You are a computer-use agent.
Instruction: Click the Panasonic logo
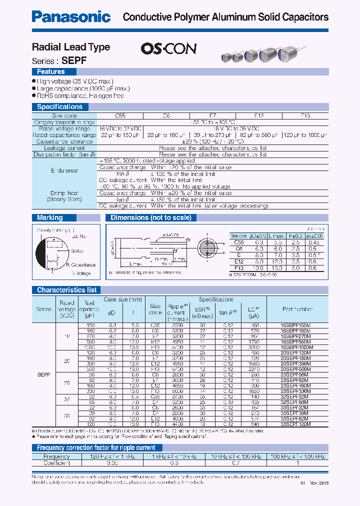coord(71,17)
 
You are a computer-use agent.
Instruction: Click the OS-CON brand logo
coord(168,48)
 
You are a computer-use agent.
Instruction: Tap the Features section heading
coord(51,72)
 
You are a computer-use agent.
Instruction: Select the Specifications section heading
coord(59,106)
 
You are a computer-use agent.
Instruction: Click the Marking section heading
coord(50,217)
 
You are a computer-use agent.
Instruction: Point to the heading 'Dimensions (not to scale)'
coord(150,217)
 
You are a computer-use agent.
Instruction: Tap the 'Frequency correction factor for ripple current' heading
coord(96,447)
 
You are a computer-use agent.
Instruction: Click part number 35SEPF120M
coord(295,424)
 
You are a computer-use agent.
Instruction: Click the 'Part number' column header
coord(297,309)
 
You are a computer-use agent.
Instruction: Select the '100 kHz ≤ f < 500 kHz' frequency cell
coord(297,456)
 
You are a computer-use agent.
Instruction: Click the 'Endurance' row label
coord(64,170)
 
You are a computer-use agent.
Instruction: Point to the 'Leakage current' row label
coord(64,148)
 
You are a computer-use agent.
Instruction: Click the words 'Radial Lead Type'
coord(71,47)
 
